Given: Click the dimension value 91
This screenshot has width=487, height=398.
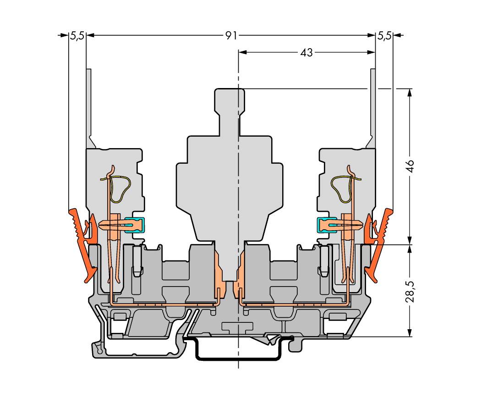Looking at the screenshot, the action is pos(231,36).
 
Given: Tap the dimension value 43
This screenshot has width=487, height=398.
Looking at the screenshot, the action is pos(306,53).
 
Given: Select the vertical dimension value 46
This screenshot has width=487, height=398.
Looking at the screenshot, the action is pos(410,166).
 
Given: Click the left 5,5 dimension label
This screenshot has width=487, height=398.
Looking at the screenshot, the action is pos(77,36).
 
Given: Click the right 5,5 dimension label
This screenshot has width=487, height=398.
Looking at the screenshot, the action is pos(384,36).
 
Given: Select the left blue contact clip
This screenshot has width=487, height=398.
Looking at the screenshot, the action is pos(139,225).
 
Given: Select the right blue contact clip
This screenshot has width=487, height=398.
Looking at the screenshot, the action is pos(323,225).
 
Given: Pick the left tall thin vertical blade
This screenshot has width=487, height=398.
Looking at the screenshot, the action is pos(89,107).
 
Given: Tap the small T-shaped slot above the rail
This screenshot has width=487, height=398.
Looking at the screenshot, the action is pos(237,326).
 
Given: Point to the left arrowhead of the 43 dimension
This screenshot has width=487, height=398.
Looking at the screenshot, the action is pos(242,53).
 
